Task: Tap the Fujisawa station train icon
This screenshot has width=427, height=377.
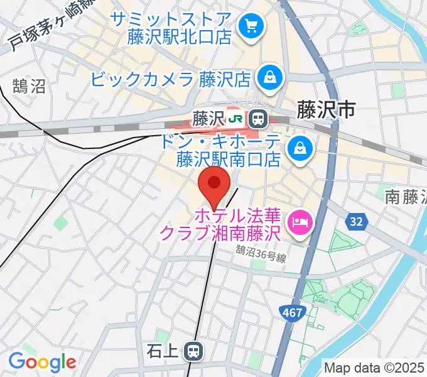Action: point(256,117)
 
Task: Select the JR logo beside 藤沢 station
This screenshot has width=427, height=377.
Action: point(236,117)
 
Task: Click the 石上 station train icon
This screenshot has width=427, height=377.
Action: point(193,351)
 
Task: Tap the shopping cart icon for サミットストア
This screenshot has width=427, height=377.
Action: point(252,26)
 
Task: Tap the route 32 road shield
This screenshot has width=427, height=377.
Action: point(356,221)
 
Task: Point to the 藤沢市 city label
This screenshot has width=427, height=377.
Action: point(326,111)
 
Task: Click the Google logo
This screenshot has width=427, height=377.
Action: point(42,362)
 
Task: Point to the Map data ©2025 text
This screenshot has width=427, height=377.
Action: point(374,367)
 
